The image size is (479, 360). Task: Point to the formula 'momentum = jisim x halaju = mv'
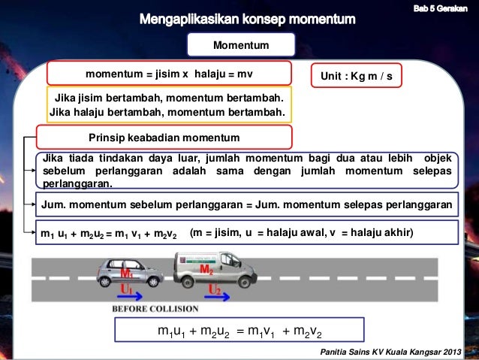coord(169,74)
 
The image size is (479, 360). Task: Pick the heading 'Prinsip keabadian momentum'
coord(164,138)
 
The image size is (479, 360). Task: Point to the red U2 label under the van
coord(214,289)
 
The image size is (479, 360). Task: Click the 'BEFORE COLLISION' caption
coord(155,309)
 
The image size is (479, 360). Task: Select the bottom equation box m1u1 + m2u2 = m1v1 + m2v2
coord(239,331)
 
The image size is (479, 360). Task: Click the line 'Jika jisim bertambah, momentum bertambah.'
coord(167,98)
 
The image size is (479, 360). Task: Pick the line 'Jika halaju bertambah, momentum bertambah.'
coord(167,113)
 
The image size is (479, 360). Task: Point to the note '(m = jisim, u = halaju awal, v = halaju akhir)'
coord(303,233)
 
